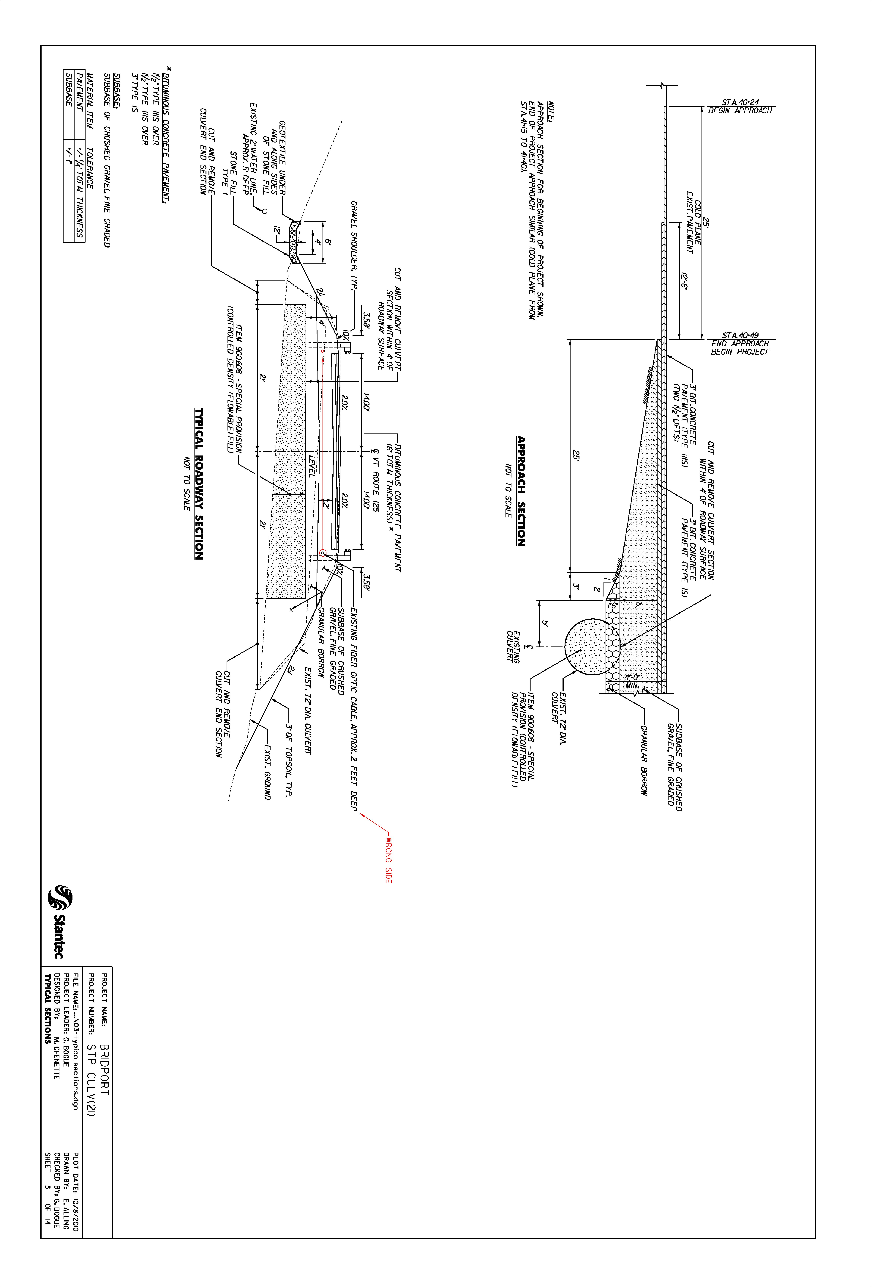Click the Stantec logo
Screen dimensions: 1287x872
[x=57, y=922]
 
